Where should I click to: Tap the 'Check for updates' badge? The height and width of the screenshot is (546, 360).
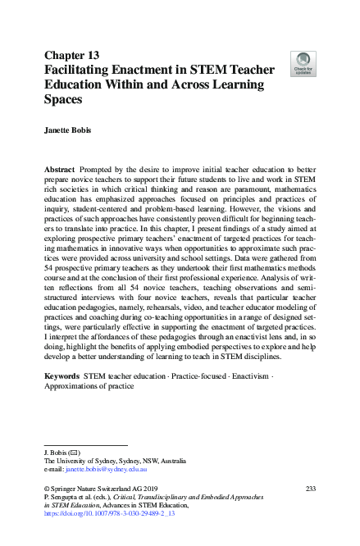tap(303, 63)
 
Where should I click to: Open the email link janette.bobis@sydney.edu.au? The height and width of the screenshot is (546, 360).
tap(94, 469)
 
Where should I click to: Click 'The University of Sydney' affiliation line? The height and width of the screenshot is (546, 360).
tap(98, 460)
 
